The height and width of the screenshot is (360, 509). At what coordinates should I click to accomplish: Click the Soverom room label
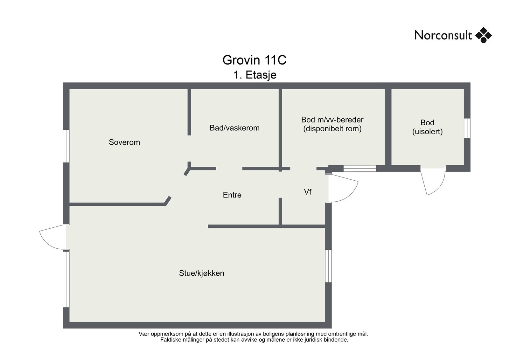pyautogui.click(x=124, y=142)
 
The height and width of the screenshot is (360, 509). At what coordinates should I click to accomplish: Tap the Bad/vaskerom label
pyautogui.click(x=234, y=128)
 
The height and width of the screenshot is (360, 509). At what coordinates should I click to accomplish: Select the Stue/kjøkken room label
pyautogui.click(x=202, y=273)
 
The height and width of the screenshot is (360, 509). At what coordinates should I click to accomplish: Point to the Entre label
pyautogui.click(x=232, y=195)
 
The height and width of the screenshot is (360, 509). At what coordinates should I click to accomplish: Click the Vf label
pyautogui.click(x=308, y=192)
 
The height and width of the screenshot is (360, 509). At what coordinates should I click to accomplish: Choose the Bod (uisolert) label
pyautogui.click(x=428, y=127)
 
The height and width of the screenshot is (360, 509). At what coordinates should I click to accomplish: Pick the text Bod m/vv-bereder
pyautogui.click(x=332, y=120)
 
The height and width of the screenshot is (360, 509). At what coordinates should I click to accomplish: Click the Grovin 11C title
pyautogui.click(x=254, y=60)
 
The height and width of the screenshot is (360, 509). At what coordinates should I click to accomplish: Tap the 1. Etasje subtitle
pyautogui.click(x=255, y=75)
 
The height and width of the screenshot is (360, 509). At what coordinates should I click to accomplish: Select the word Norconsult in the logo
pyautogui.click(x=443, y=35)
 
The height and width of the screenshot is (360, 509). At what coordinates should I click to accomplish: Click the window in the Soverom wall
pyautogui.click(x=66, y=146)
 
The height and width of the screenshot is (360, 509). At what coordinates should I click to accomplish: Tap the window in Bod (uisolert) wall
pyautogui.click(x=467, y=128)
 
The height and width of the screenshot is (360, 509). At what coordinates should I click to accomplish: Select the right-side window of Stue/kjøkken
pyautogui.click(x=328, y=266)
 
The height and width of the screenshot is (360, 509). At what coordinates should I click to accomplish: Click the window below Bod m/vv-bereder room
pyautogui.click(x=360, y=169)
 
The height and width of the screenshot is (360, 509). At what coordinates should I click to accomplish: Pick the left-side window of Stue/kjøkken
pyautogui.click(x=66, y=279)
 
